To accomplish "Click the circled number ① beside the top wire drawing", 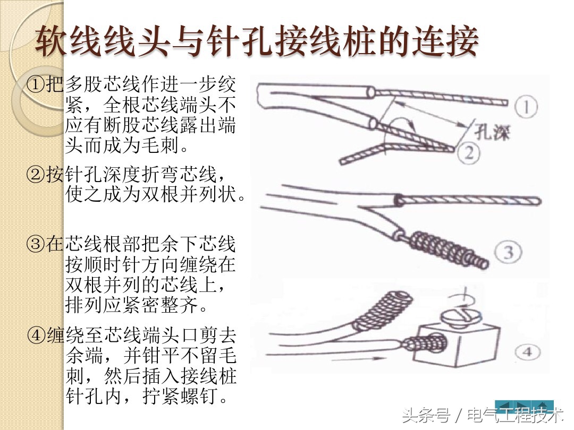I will pos(526,108).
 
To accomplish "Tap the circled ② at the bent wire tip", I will pos(469,153).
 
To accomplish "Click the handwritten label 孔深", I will pos(492,132).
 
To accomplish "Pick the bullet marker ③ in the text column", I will pos(36,245).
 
